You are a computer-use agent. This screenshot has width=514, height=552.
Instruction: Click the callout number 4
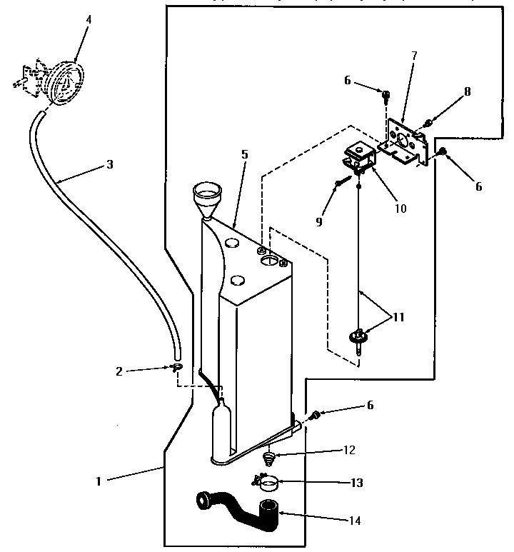89,19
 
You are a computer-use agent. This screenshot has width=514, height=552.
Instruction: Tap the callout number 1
99,481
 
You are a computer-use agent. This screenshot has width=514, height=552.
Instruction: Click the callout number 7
414,55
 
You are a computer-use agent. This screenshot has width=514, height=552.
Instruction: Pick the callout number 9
320,221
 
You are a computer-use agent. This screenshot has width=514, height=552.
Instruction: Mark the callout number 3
109,164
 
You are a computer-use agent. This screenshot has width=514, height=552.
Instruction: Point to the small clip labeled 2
176,367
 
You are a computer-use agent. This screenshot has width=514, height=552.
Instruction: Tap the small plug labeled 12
269,457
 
